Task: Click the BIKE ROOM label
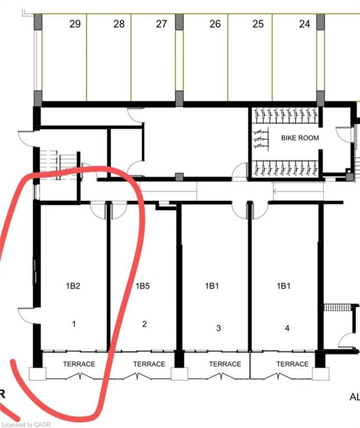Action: click(x=300, y=138)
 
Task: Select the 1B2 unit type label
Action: click(x=73, y=286)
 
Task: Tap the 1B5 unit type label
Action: click(x=143, y=286)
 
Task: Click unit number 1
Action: click(x=74, y=324)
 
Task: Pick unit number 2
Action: click(x=144, y=324)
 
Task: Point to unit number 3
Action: click(x=218, y=328)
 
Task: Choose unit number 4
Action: click(x=287, y=328)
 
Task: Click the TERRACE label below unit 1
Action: click(x=79, y=364)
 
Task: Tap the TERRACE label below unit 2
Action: click(x=149, y=364)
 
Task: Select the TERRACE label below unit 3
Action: click(x=225, y=364)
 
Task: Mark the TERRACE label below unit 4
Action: click(x=293, y=364)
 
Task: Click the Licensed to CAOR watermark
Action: click(x=26, y=425)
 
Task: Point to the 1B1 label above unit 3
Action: click(x=212, y=286)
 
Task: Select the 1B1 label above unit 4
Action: click(x=284, y=286)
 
